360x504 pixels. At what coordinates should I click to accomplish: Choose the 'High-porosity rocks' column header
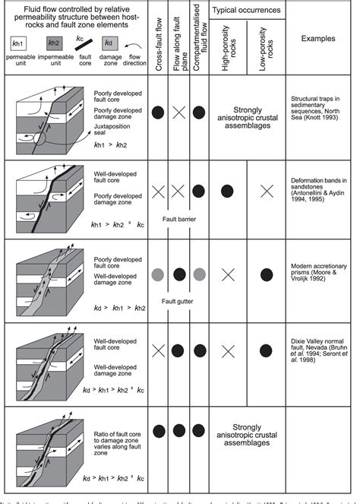coord(226,49)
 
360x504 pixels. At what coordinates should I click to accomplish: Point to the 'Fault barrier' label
coord(180,220)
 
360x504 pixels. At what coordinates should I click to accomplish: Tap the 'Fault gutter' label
coord(180,300)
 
